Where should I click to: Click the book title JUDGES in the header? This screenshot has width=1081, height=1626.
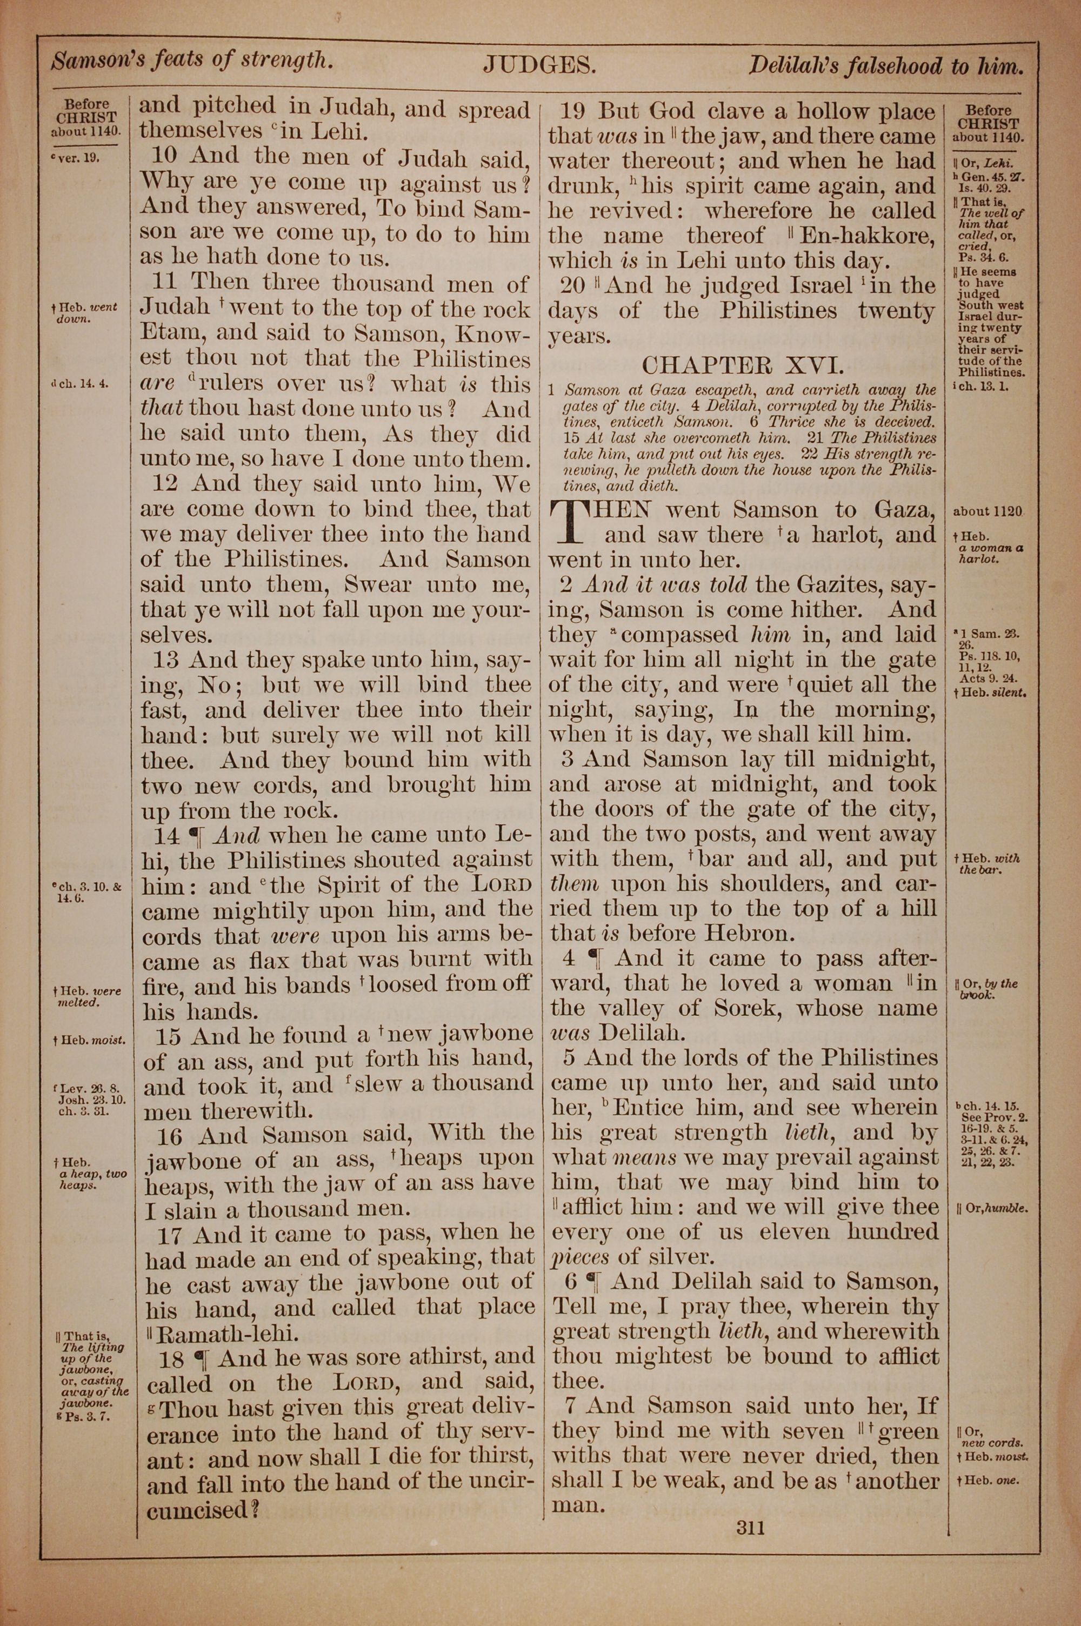539,65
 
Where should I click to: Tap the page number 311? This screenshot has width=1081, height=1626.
751,1528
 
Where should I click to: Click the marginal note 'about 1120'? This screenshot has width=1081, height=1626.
987,511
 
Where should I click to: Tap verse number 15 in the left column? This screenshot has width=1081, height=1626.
169,1037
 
